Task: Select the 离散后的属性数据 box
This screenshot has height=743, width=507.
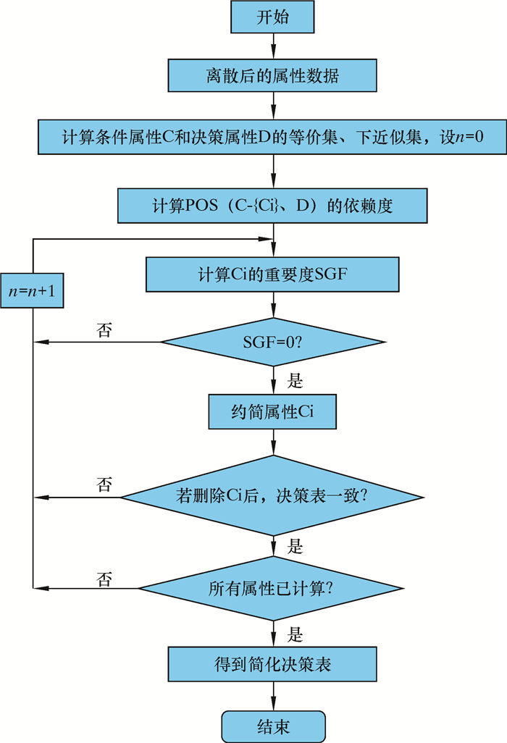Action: [x=272, y=76]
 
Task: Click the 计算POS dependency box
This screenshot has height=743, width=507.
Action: [x=272, y=206]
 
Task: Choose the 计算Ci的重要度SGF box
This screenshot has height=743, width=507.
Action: [x=272, y=274]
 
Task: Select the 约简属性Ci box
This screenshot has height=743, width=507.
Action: [x=272, y=413]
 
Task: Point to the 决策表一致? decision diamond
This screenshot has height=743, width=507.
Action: [x=272, y=497]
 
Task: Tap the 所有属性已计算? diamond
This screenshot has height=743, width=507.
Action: [x=272, y=588]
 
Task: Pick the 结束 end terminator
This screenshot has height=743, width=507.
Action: [x=272, y=723]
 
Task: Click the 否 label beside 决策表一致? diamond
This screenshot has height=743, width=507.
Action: [x=104, y=484]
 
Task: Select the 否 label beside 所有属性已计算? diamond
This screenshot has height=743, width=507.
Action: [x=104, y=578]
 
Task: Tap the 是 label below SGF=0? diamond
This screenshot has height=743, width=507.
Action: [x=296, y=380]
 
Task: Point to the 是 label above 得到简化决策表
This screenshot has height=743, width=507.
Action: [x=296, y=635]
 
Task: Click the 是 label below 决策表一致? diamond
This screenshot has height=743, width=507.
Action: [x=296, y=545]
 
